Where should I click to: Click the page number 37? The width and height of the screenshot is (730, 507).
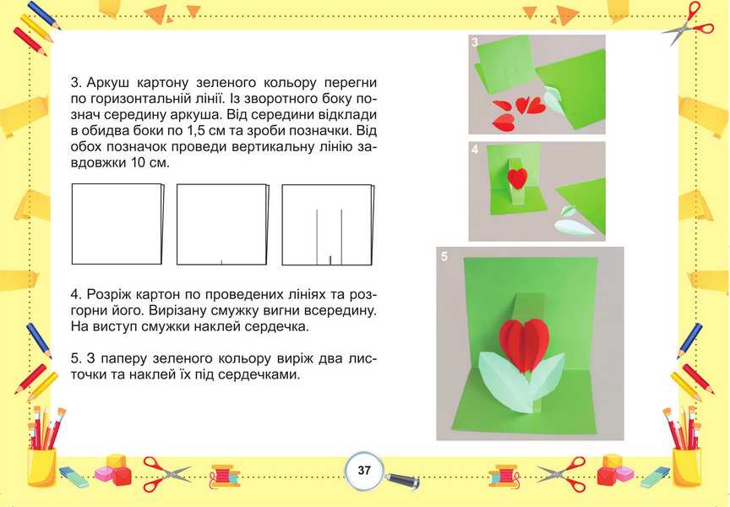click(364, 470)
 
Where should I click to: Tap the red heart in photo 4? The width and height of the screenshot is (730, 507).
click(517, 177)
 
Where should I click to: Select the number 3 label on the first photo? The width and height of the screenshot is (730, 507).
click(474, 42)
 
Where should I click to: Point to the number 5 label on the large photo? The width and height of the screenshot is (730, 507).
click(444, 257)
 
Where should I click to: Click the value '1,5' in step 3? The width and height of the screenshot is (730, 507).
click(278, 131)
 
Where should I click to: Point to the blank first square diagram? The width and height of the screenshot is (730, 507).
click(117, 224)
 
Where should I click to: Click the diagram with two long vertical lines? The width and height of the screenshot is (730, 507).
click(328, 225)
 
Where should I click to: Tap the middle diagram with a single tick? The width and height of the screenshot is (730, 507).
click(223, 225)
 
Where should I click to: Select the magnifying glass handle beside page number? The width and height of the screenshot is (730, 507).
click(403, 480)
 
